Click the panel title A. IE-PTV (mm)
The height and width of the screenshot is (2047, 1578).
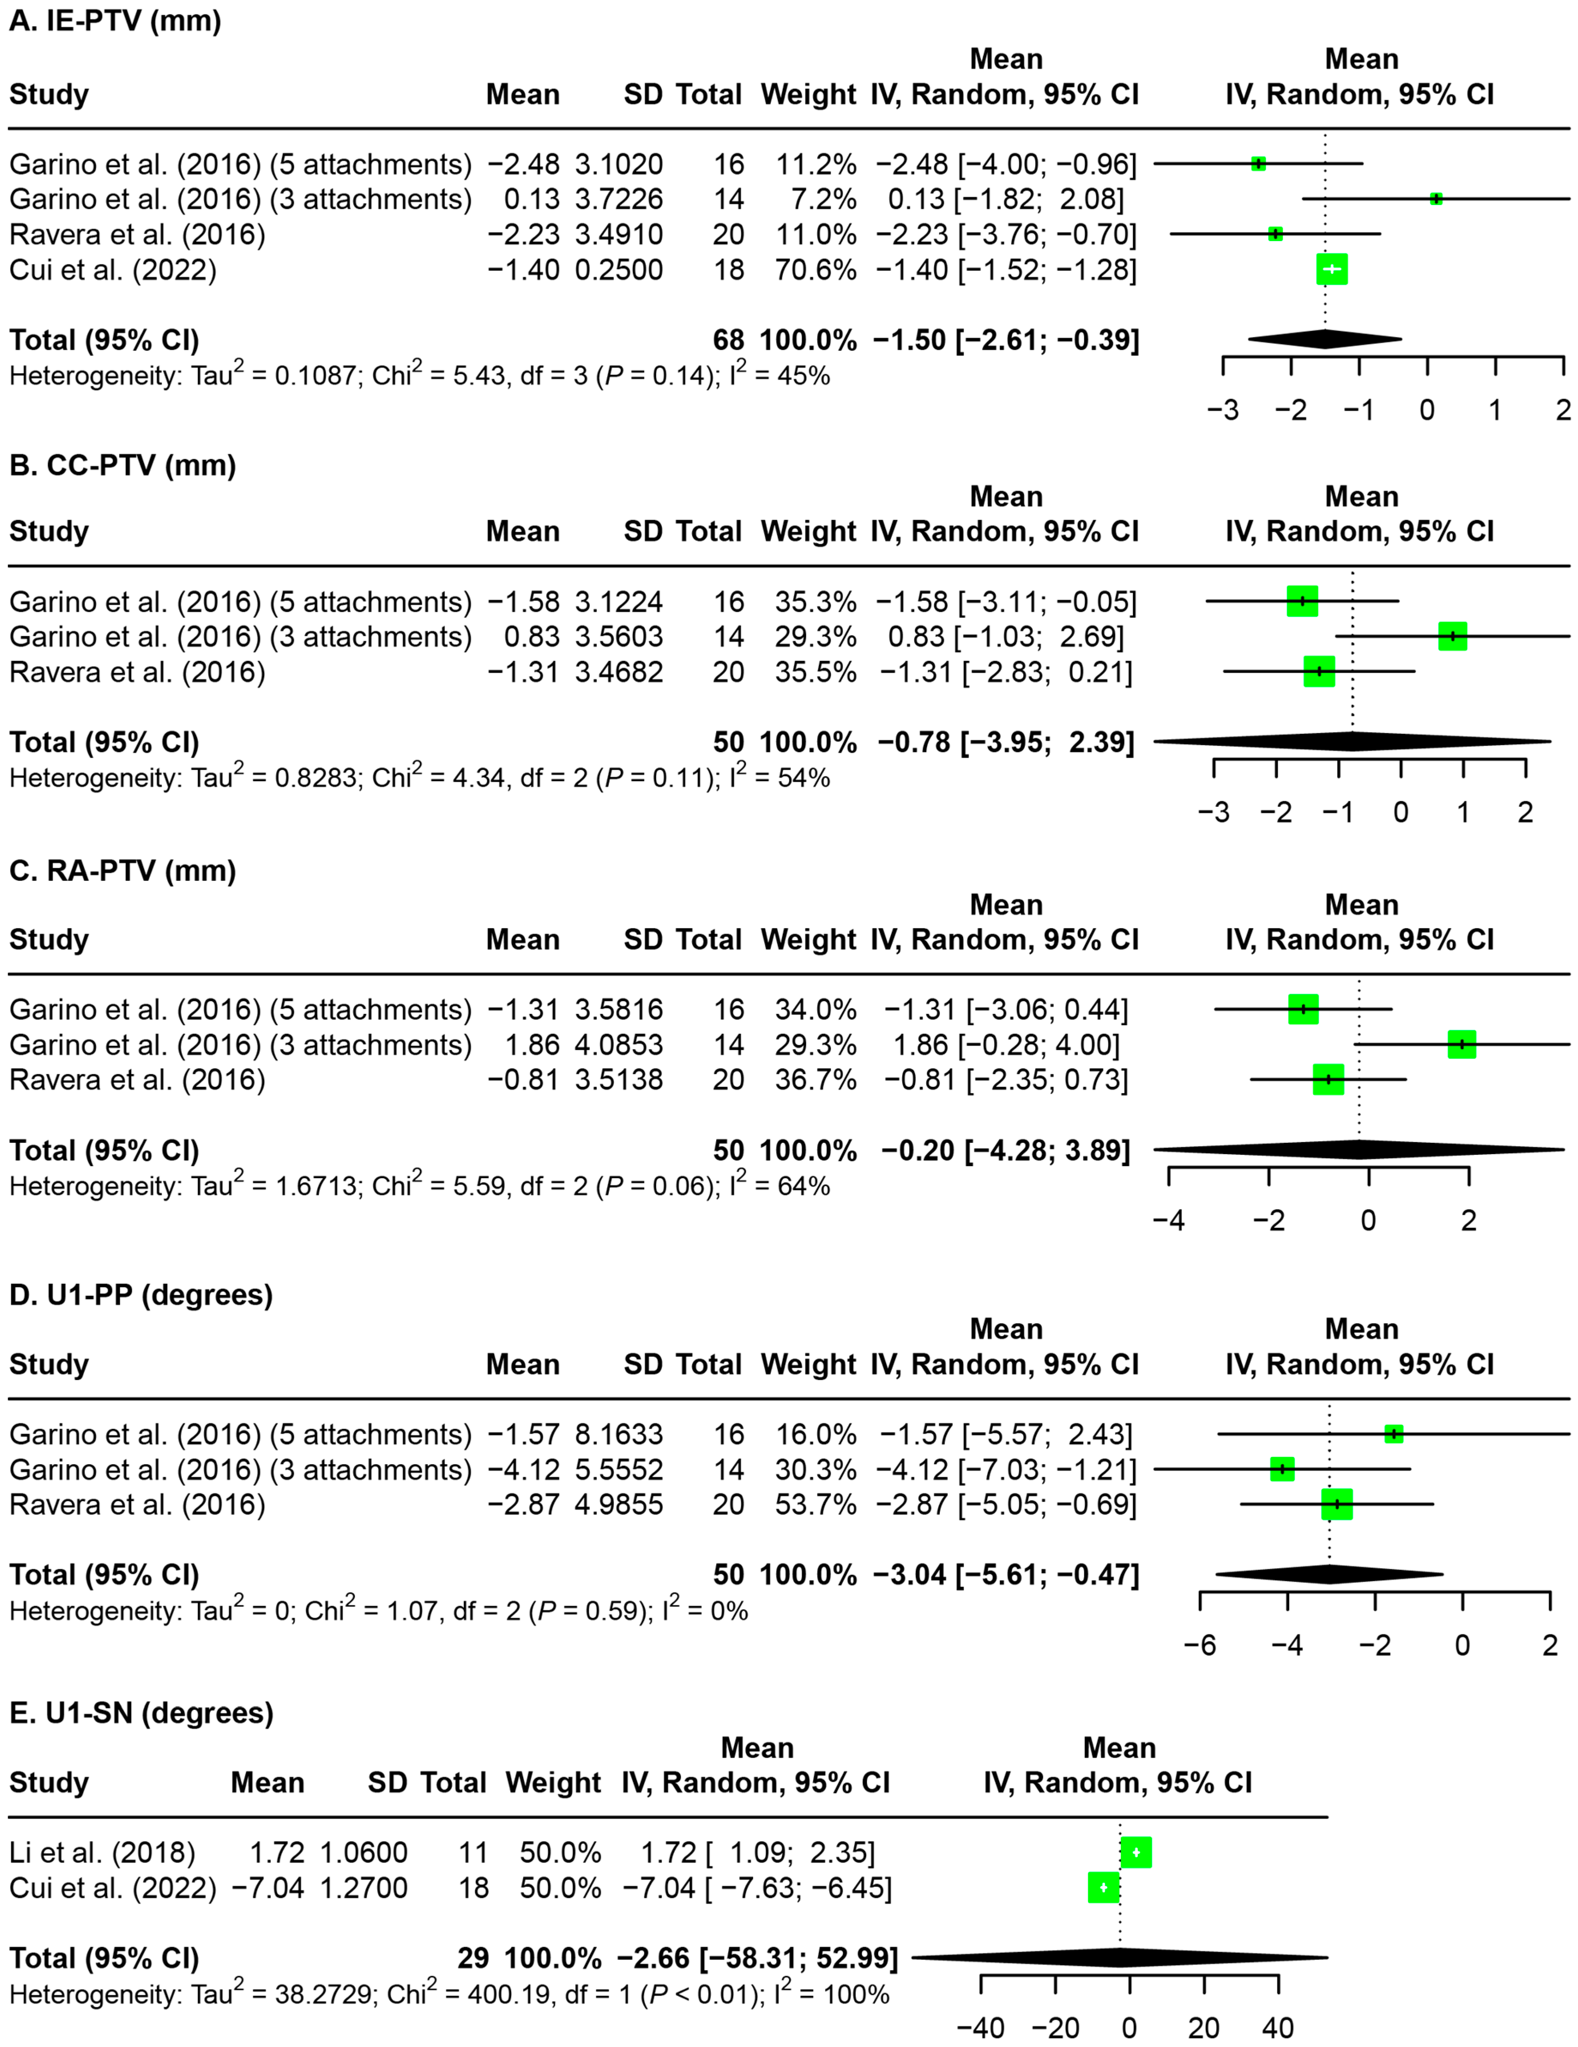click(114, 20)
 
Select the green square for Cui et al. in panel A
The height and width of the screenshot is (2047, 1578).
click(1332, 270)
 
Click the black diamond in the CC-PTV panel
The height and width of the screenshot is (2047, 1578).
click(1352, 742)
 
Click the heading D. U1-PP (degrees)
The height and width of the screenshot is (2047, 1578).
click(141, 1295)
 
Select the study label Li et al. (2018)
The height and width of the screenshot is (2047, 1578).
click(102, 1853)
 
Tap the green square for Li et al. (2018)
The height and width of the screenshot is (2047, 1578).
click(1136, 1853)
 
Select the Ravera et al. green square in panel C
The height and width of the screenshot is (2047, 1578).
click(1328, 1080)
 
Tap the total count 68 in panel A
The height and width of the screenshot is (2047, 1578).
click(728, 340)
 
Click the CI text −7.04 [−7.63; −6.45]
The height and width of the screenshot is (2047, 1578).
click(756, 1888)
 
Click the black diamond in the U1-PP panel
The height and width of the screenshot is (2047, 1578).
click(1329, 1575)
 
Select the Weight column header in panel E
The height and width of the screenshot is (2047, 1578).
click(553, 1783)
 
